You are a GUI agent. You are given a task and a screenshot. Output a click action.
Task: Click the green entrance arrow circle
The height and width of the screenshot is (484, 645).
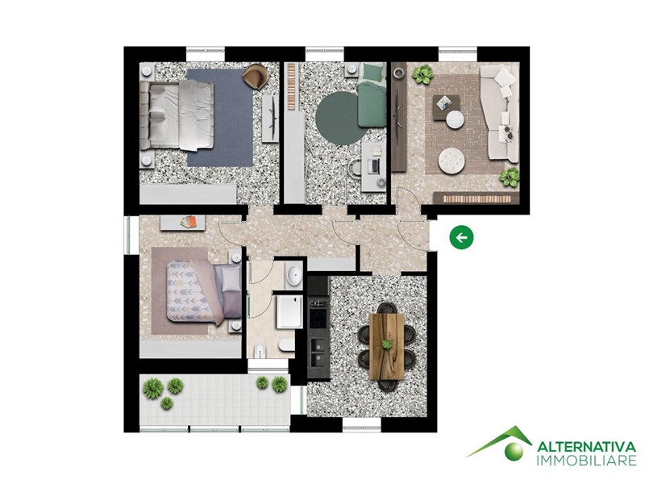tap(461, 237)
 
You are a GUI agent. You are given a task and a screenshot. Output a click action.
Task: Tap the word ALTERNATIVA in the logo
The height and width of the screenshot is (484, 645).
tap(587, 447)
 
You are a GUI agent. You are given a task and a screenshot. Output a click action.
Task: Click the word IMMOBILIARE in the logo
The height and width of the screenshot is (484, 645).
tap(587, 461)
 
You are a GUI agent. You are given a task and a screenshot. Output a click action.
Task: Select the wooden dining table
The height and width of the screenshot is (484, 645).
tap(386, 346)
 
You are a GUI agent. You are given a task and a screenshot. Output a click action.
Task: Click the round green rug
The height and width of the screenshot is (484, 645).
tap(337, 120)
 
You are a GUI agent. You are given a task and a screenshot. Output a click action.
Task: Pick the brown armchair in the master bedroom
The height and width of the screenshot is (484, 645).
tap(256, 77)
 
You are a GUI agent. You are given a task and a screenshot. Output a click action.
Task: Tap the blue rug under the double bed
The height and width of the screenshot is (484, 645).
tap(220, 118)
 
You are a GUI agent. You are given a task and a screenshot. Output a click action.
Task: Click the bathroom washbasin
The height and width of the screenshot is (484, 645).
tap(293, 275)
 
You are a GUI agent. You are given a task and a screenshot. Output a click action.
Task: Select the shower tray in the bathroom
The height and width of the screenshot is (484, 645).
tap(289, 311)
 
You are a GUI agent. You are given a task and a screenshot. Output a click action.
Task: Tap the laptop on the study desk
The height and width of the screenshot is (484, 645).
tap(374, 165)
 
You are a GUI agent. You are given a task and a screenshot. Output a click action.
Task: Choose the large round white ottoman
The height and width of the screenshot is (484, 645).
tap(451, 161)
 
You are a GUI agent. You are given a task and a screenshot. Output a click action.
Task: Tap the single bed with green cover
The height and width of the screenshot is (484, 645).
tap(372, 95)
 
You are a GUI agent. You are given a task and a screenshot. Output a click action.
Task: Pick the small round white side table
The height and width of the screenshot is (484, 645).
tap(455, 119)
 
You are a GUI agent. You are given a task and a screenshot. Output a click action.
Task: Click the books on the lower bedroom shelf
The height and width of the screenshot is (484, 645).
tap(189, 222)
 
